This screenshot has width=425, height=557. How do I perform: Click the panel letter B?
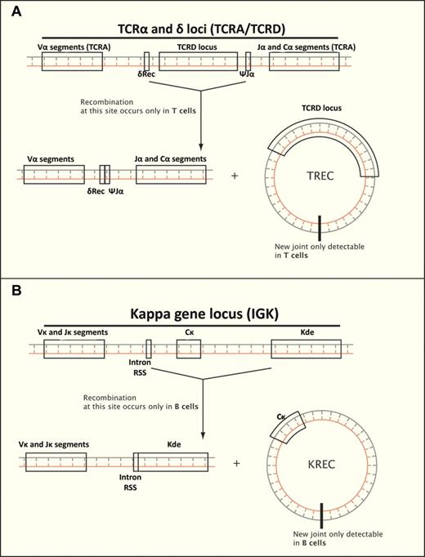11,291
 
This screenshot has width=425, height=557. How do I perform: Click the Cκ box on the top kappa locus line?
188,350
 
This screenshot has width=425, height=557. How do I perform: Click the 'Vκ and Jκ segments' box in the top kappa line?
74,350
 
